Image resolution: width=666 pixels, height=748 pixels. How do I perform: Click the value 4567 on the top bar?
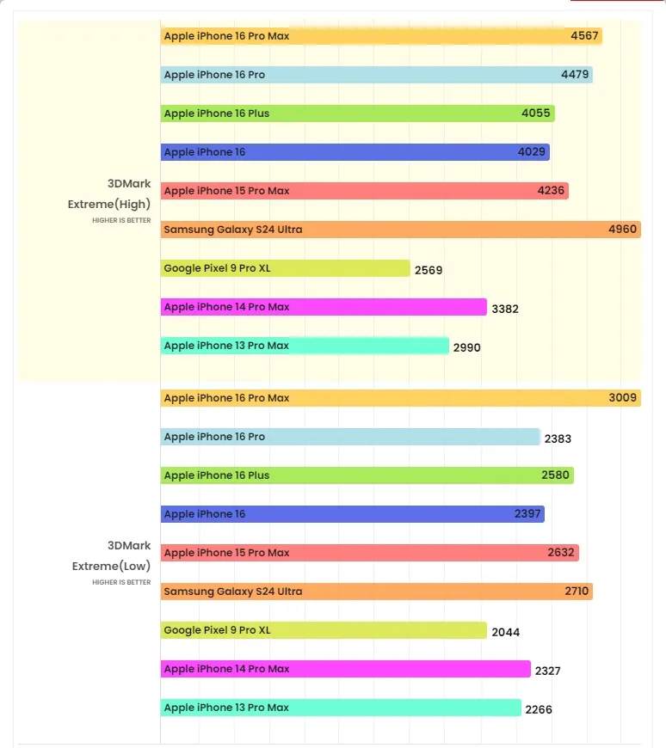[586, 36]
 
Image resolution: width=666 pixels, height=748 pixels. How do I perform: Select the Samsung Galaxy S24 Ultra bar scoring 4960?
[400, 230]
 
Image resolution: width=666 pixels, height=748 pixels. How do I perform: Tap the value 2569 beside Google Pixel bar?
[429, 270]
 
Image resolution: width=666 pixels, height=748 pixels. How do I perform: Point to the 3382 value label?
[505, 309]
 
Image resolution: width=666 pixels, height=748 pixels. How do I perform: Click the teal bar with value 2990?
[305, 346]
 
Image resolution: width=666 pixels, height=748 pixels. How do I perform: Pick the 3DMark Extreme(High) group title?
[109, 193]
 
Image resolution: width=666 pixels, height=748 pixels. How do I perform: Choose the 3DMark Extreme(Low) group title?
[111, 555]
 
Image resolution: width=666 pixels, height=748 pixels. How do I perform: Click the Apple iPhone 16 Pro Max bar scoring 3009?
[400, 398]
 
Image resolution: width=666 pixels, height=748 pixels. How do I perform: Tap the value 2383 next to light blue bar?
[558, 438]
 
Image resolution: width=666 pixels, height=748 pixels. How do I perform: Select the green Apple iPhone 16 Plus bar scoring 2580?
[367, 475]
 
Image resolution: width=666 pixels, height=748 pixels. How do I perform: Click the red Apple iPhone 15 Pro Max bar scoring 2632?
[369, 553]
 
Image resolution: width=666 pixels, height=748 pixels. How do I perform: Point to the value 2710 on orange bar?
[576, 592]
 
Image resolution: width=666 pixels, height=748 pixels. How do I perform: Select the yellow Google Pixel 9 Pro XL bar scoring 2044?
[323, 630]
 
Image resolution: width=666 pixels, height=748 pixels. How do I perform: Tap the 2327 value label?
[547, 671]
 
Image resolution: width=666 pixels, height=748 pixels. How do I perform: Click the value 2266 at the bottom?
[539, 709]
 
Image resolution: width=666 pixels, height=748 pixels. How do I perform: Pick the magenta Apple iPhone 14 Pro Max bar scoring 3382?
[323, 307]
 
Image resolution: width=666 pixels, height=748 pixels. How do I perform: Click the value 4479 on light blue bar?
[575, 75]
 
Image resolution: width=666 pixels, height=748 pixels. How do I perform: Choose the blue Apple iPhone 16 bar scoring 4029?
[355, 152]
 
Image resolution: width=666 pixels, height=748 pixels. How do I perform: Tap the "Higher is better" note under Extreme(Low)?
[121, 582]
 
